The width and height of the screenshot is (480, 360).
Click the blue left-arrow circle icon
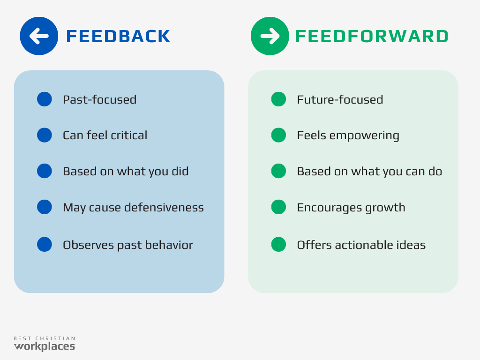[39, 36]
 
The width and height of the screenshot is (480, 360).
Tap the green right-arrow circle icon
[270, 36]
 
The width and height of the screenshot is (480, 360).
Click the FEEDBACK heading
[118, 37]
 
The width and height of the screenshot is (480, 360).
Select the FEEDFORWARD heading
[371, 37]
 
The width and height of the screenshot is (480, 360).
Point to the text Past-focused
[99, 99]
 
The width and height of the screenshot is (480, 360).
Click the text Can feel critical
[105, 135]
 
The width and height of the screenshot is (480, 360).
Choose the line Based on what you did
[126, 171]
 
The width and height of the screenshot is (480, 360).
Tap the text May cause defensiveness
[133, 207]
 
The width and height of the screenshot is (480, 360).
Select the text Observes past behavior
[127, 245]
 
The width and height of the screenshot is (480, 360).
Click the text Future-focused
[340, 99]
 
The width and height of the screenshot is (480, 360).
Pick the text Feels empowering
[348, 135]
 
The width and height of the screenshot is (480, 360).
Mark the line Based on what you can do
[369, 171]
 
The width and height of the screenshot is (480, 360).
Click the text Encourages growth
[351, 207]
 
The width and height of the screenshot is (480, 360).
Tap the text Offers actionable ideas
[361, 245]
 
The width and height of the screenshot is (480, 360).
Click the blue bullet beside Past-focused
[45, 99]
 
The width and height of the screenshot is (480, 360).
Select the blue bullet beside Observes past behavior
[45, 245]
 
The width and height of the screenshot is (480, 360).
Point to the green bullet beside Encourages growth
[278, 207]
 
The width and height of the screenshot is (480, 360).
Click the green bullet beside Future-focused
[278, 99]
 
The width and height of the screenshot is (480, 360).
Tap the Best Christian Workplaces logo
[44, 344]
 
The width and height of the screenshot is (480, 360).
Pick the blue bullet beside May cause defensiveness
[45, 207]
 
